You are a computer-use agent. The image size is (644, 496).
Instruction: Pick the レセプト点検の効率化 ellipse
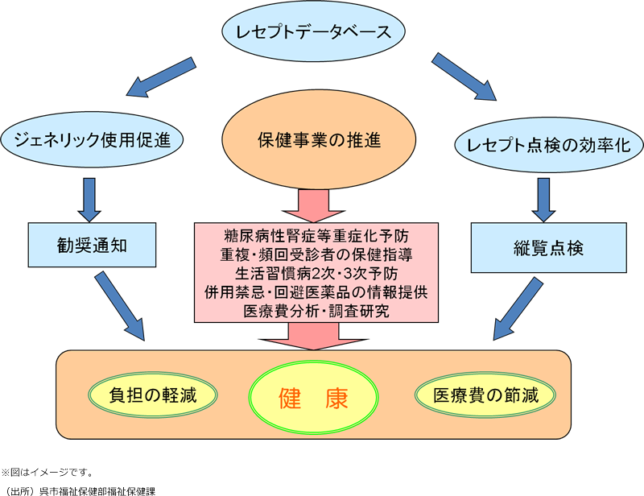click(549, 145)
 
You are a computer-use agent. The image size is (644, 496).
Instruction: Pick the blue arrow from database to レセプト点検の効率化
click(463, 76)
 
